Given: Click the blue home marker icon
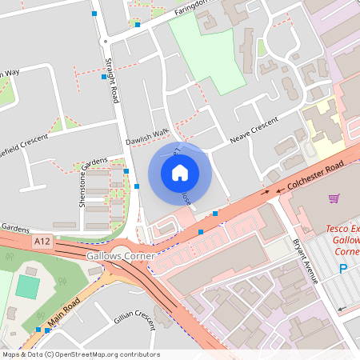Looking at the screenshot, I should click(x=180, y=173).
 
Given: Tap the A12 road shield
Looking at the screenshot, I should click(x=42, y=241).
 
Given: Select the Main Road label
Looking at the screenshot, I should click(x=66, y=313).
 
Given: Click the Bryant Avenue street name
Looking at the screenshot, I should click(x=306, y=260).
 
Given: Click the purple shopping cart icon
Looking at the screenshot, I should click(x=334, y=198).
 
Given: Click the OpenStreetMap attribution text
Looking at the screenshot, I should click(x=80, y=354).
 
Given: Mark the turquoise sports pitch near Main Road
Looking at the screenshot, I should click(x=27, y=287).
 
